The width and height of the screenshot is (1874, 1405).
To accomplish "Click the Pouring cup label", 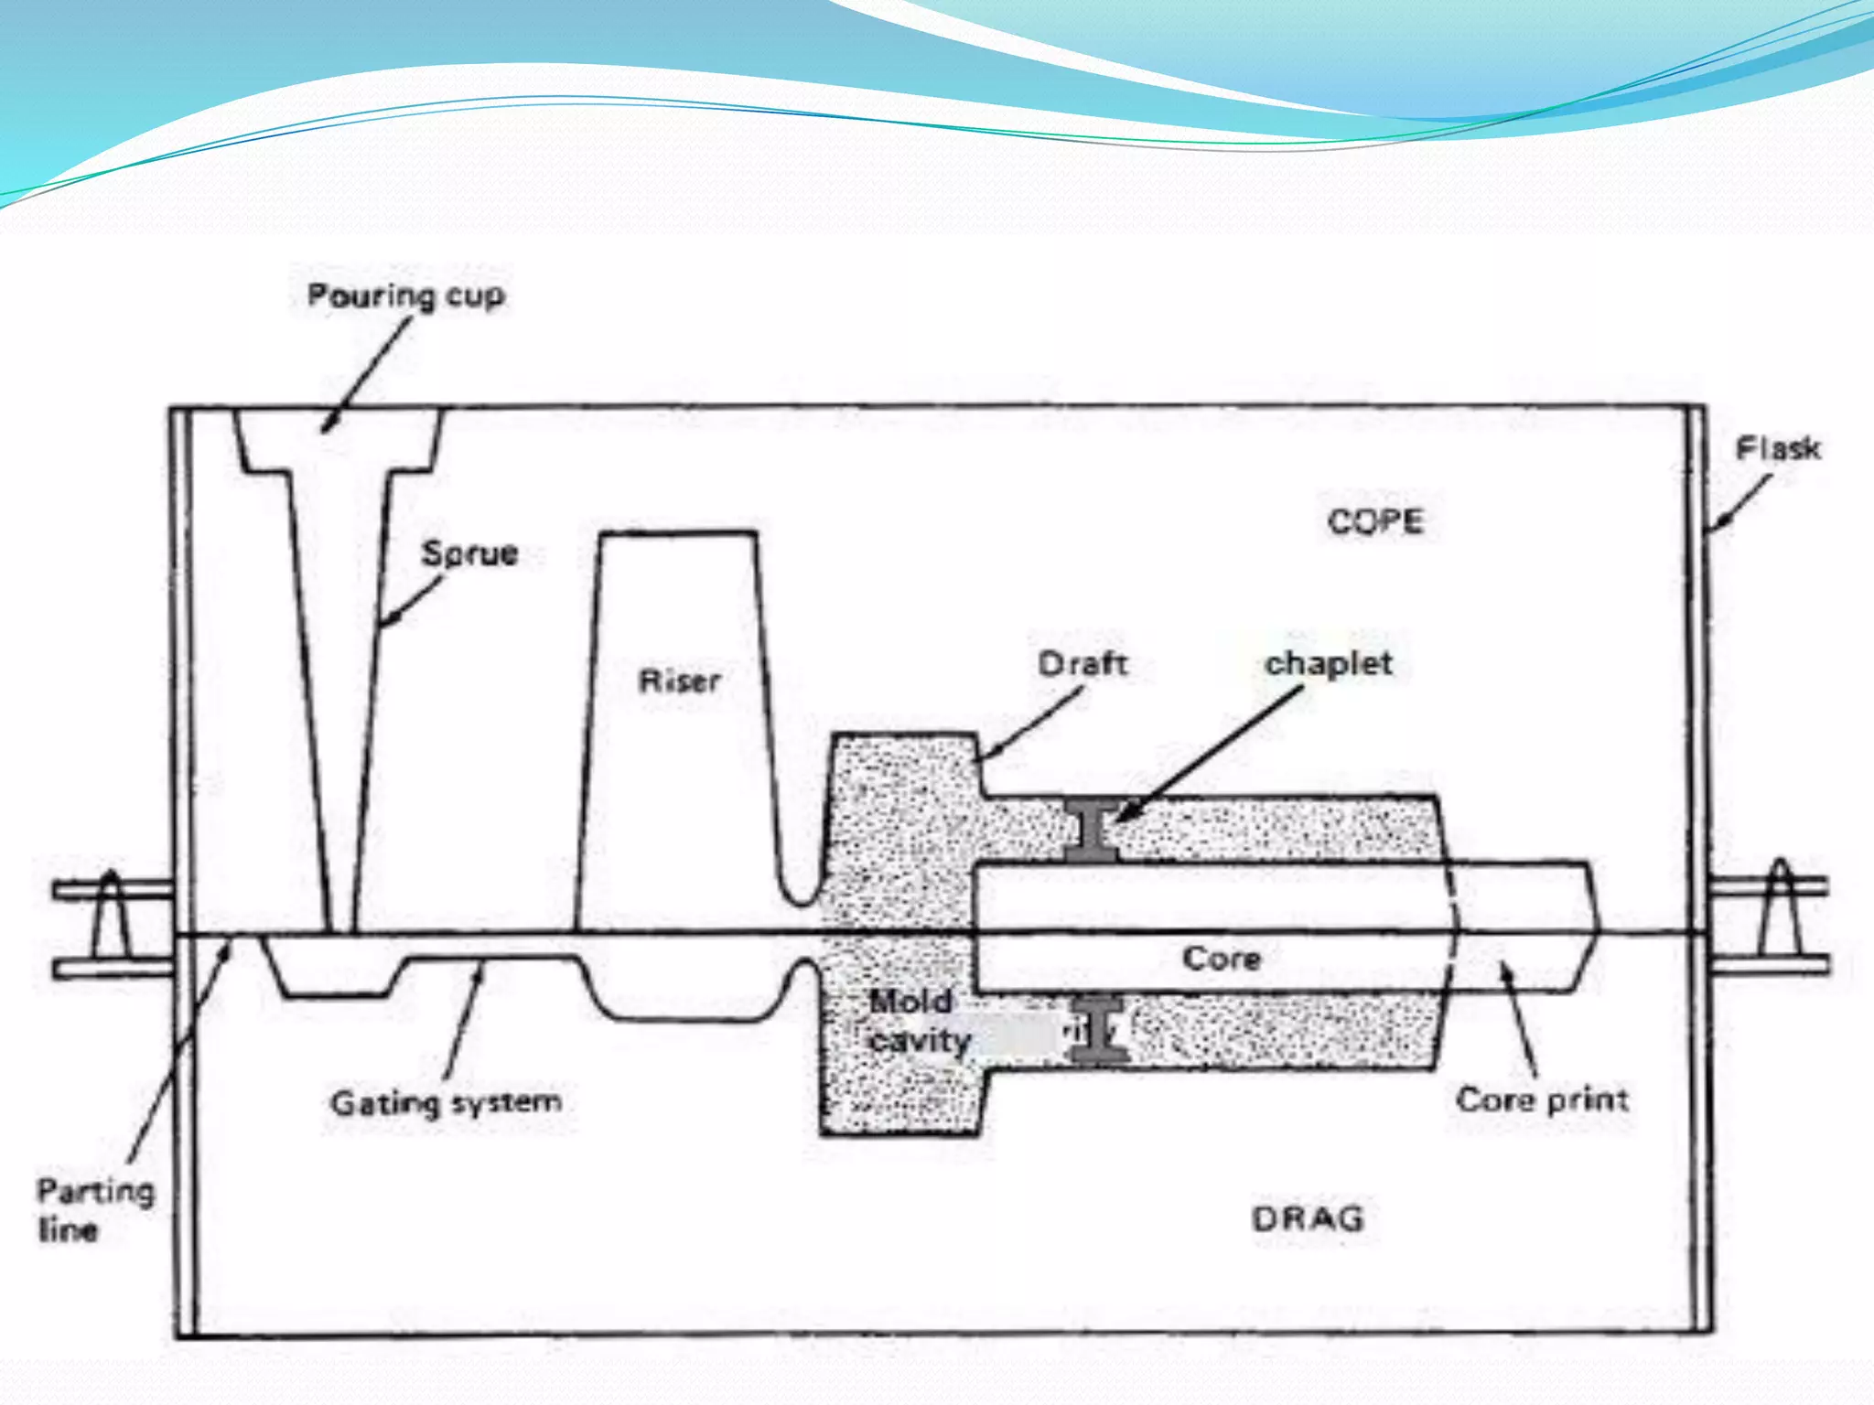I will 405,295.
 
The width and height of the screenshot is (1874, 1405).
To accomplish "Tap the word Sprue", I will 469,553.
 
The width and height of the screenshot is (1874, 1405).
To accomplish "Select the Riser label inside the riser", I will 679,681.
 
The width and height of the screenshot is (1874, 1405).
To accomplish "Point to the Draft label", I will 1082,663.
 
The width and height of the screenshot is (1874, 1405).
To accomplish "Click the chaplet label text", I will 1329,663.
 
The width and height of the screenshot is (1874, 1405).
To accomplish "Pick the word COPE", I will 1375,521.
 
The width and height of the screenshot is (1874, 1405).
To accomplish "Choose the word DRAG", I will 1308,1218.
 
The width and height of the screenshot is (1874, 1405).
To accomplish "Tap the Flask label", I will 1778,448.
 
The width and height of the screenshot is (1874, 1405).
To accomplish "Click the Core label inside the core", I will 1222,959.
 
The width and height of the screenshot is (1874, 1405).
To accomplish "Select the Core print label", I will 1542,1099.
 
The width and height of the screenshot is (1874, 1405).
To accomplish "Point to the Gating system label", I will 446,1102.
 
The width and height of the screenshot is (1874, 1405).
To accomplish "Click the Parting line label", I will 93,1209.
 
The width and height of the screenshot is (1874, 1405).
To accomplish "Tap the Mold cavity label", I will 918,1021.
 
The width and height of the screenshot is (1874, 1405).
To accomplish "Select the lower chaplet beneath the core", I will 1099,1029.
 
